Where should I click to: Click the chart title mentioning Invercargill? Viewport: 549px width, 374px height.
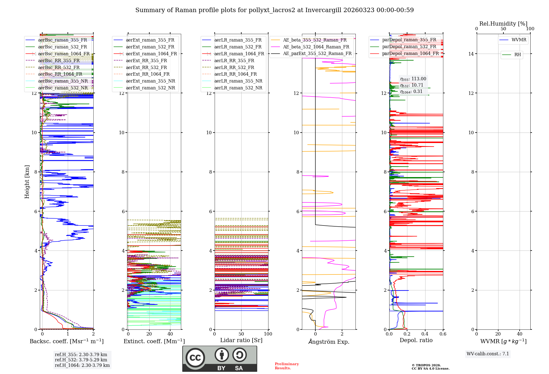coord(274,10)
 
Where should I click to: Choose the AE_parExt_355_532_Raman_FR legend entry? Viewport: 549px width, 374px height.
coord(317,54)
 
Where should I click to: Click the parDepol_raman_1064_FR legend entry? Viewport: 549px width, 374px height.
coord(410,54)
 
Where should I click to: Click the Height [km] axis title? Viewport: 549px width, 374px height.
coord(27,182)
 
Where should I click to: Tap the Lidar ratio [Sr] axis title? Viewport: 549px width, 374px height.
coord(241,340)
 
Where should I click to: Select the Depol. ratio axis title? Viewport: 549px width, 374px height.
coord(416,340)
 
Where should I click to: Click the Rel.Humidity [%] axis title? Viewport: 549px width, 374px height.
coord(503,24)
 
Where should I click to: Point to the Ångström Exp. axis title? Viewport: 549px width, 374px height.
coord(329,342)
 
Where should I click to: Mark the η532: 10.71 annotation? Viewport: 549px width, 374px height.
coord(412,85)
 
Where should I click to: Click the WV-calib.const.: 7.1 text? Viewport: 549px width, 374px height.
coord(488,354)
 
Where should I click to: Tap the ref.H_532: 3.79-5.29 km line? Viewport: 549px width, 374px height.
coord(81,360)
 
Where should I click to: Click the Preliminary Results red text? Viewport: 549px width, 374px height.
coord(287,366)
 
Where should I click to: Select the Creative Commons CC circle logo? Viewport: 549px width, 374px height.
coord(195,358)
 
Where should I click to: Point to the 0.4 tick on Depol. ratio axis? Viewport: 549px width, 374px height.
coord(425,334)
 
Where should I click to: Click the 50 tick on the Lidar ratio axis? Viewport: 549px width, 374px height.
coord(241,334)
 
